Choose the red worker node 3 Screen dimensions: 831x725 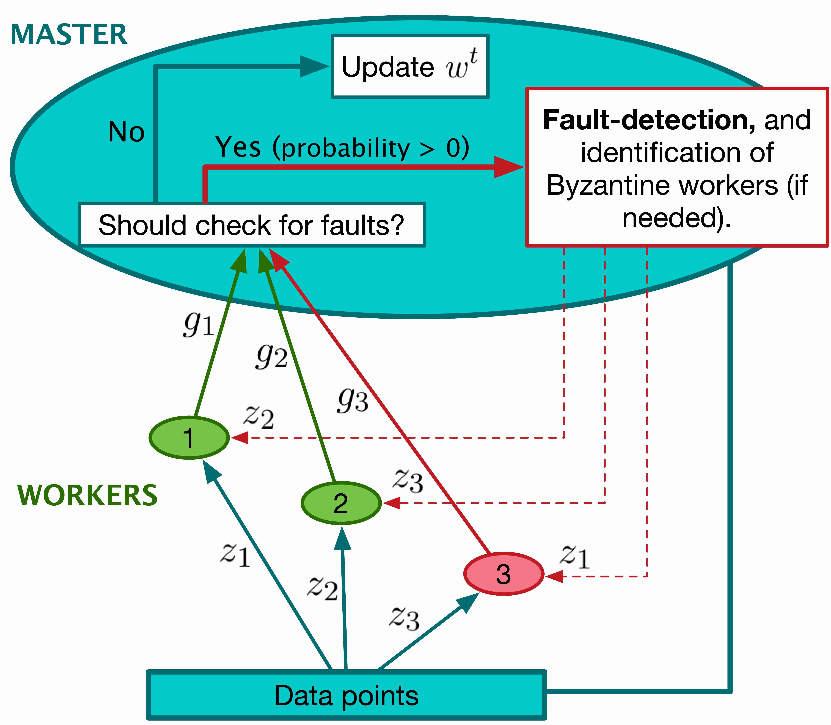point(503,574)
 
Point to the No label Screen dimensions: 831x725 point(126,132)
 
